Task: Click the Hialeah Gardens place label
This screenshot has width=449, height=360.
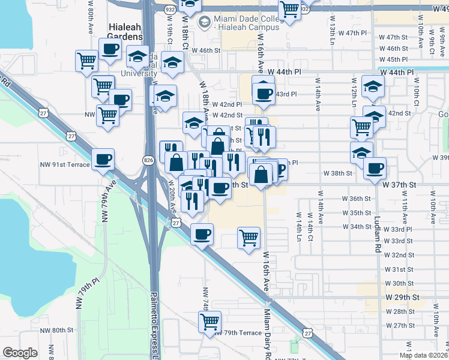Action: point(125,32)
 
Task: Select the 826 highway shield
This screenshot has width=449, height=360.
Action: point(148,160)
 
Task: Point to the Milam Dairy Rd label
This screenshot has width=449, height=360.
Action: point(267,333)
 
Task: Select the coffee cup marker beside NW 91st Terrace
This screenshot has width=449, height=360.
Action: point(103,159)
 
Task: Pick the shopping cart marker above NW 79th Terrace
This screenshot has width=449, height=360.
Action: point(209,322)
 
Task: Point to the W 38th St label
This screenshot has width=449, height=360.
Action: point(337,173)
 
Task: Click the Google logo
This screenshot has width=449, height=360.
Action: point(20,353)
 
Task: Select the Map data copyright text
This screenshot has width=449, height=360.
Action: point(423,355)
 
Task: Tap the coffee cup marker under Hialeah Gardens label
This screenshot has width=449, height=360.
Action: point(109,50)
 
